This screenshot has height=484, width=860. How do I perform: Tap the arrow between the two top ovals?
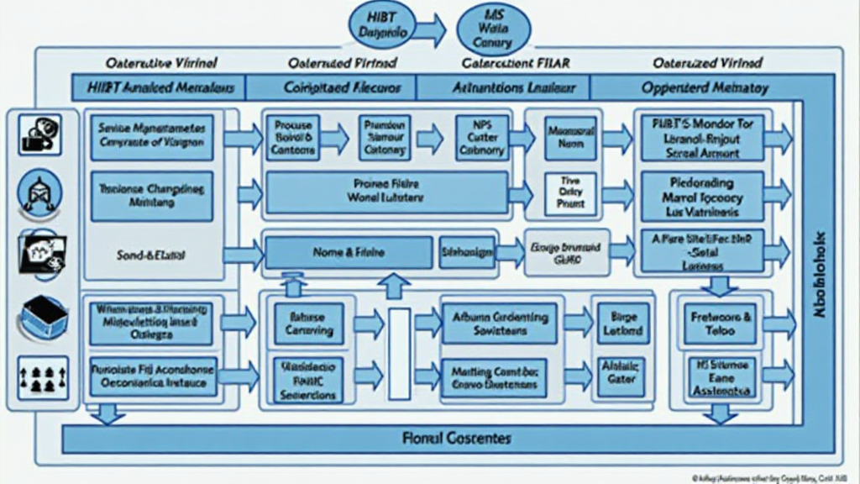(430, 31)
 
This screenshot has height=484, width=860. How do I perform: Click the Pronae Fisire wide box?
(386, 192)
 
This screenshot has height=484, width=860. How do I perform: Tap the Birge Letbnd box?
(621, 324)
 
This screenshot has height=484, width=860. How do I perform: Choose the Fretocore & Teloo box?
(721, 324)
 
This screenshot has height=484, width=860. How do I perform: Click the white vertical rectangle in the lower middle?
(400, 353)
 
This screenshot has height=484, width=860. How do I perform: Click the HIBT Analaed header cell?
(158, 87)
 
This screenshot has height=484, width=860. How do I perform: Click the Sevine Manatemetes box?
(152, 137)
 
